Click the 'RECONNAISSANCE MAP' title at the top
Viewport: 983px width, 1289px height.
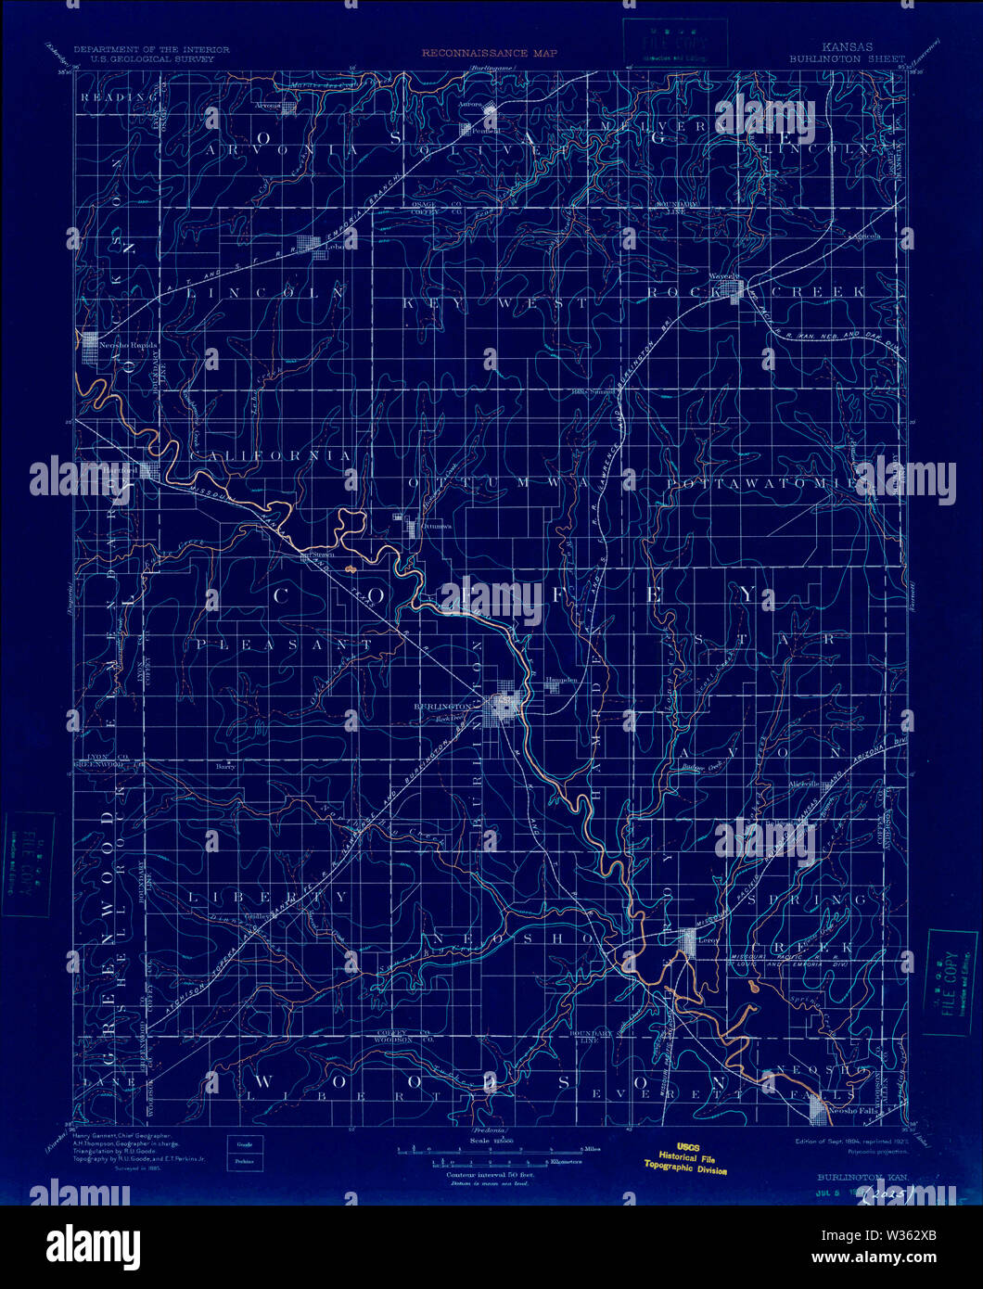click(x=490, y=53)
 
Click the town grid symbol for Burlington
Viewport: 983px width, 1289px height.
click(x=506, y=708)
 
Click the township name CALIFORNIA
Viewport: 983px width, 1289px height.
click(x=271, y=456)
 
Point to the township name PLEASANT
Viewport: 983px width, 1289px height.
click(x=284, y=644)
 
